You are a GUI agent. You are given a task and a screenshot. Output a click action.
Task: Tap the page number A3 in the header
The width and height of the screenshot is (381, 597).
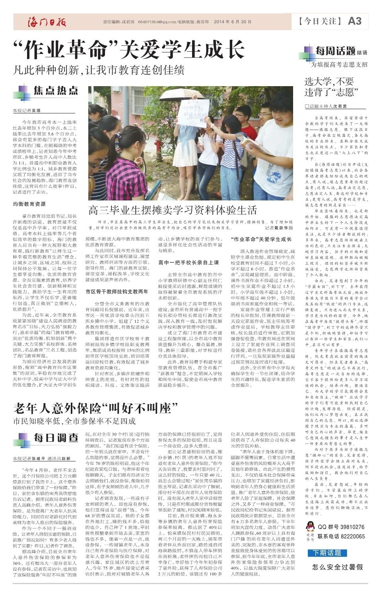click(355, 21)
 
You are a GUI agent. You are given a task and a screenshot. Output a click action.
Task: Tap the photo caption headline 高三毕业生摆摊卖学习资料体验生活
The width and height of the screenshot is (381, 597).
click(172, 210)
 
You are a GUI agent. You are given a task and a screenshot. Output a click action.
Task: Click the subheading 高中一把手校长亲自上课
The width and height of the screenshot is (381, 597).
click(189, 262)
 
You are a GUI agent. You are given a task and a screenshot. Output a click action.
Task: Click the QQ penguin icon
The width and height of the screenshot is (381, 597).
click(310, 526)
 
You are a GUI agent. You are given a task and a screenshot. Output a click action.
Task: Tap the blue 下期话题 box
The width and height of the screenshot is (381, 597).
click(327, 553)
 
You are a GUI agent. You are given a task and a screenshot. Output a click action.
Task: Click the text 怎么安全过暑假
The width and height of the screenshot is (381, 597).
click(337, 567)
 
